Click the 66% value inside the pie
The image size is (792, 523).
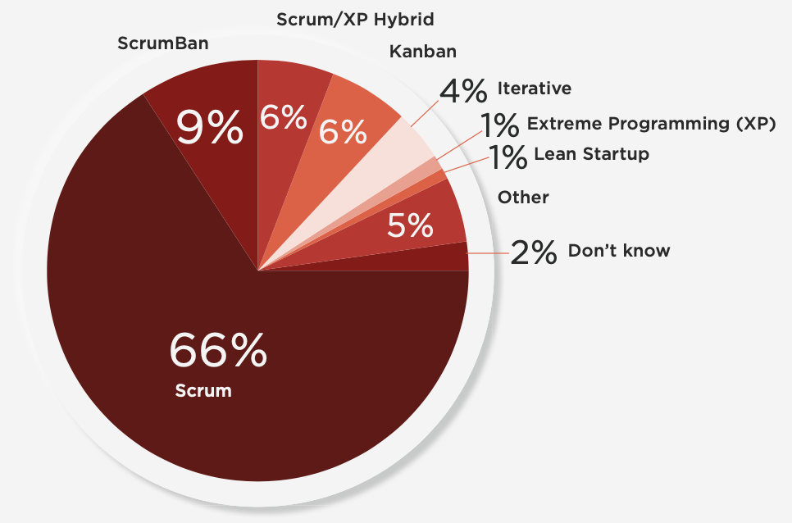point(218,350)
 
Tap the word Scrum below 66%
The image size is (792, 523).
point(203,391)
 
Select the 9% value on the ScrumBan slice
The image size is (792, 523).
point(211,128)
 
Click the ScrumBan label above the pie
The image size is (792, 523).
point(162,43)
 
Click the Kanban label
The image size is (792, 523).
point(422,52)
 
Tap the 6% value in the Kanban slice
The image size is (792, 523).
point(344,131)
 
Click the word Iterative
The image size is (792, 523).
point(534,89)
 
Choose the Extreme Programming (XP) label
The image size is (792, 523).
point(651,125)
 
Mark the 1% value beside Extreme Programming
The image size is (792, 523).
point(499,125)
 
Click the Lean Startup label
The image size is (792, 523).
point(591,153)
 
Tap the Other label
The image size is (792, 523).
point(523,198)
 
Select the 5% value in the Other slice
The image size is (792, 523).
point(409,225)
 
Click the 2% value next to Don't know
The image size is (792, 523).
point(534,252)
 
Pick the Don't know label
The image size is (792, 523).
point(619,251)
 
